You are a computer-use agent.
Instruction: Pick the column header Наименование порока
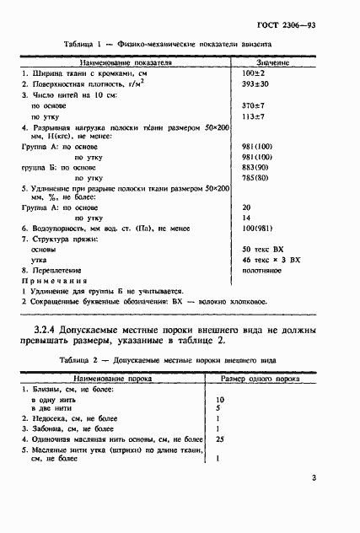tap(116, 380)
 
